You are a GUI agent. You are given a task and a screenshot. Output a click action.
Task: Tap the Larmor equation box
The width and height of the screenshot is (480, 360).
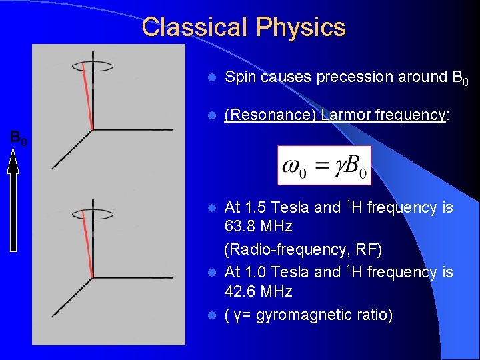point(324,165)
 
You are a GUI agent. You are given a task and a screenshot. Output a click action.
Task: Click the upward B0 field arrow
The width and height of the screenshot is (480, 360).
point(13,200)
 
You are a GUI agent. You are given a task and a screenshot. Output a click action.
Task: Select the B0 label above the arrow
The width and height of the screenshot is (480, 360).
point(18,139)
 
